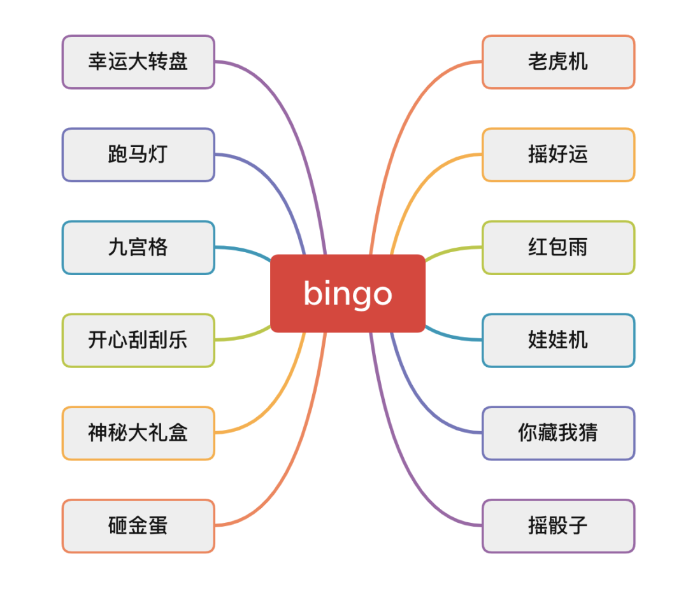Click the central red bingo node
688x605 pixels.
(348, 293)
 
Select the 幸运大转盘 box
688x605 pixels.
(138, 62)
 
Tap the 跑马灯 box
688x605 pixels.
(138, 154)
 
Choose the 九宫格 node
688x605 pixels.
(138, 248)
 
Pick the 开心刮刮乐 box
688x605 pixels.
(138, 340)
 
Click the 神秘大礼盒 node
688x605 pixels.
(138, 433)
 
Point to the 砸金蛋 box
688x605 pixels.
(138, 525)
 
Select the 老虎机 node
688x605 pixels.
(559, 62)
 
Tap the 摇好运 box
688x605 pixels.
(559, 154)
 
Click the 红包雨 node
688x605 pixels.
(559, 248)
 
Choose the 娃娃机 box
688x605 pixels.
(559, 340)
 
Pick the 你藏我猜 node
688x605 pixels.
(559, 433)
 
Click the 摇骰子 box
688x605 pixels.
(559, 525)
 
